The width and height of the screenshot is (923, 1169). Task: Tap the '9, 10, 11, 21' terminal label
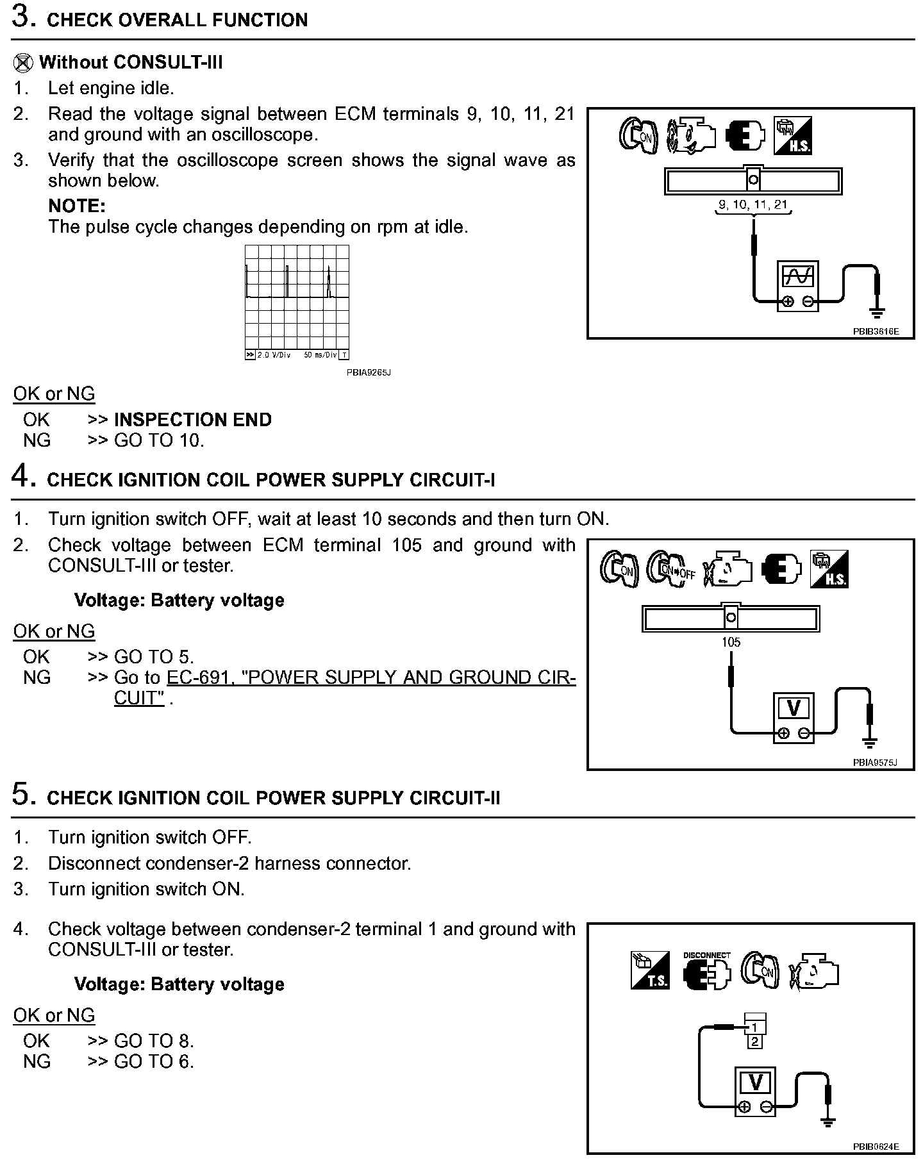click(x=753, y=205)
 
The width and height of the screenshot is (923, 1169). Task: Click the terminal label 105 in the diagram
click(x=731, y=642)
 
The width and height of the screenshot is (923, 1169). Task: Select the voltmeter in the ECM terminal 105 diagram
click(x=794, y=716)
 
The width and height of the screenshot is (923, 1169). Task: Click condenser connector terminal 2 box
click(x=755, y=1042)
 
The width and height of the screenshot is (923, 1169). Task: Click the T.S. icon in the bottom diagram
click(x=650, y=970)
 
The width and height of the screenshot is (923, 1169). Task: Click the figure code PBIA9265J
click(x=369, y=372)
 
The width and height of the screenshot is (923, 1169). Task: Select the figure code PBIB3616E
click(x=876, y=331)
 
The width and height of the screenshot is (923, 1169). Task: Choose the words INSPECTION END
click(x=192, y=420)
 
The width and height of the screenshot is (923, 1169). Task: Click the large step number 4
click(x=21, y=477)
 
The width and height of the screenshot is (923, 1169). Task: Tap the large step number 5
click(x=21, y=795)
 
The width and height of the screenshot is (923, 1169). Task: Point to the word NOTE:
click(x=77, y=206)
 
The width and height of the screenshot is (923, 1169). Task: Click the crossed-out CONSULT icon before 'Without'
click(x=23, y=63)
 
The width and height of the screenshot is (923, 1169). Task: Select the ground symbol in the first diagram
click(x=877, y=312)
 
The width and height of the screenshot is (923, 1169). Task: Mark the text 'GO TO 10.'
click(x=159, y=440)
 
